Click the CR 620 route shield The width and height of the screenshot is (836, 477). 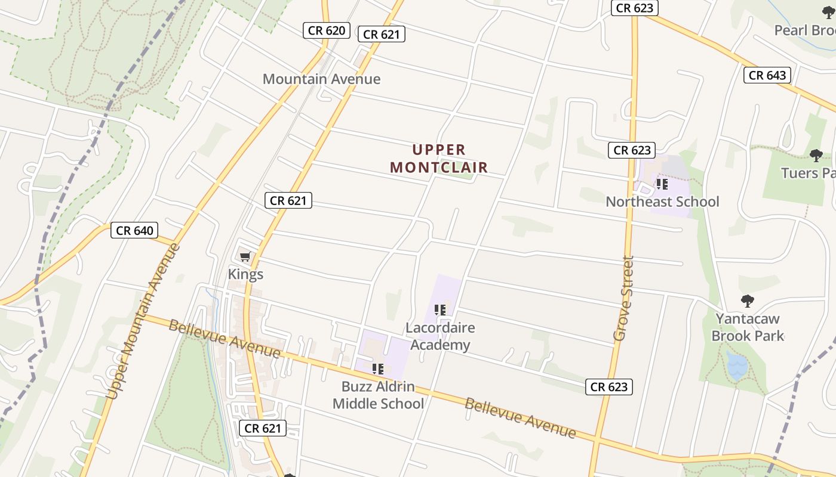(326, 30)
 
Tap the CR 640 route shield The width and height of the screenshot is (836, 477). (134, 230)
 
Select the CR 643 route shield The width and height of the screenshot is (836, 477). (767, 75)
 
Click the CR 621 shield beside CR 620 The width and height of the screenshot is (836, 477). (381, 35)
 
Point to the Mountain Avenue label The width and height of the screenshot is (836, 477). (321, 79)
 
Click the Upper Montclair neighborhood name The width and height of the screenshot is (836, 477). (439, 159)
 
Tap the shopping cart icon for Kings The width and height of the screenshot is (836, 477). (245, 257)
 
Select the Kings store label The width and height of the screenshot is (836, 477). (245, 274)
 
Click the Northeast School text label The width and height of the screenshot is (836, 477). (662, 202)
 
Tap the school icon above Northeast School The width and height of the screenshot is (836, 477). (662, 184)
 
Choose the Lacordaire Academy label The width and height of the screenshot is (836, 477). (440, 336)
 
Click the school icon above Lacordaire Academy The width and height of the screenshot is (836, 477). (440, 310)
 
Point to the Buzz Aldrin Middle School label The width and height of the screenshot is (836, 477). (378, 395)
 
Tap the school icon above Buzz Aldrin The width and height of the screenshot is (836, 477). (377, 369)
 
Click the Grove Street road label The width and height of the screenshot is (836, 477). (623, 298)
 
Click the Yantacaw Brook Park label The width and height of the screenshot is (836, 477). (748, 327)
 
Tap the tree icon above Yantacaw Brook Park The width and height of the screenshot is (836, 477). (747, 301)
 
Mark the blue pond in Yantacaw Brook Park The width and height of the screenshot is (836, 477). (736, 366)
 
